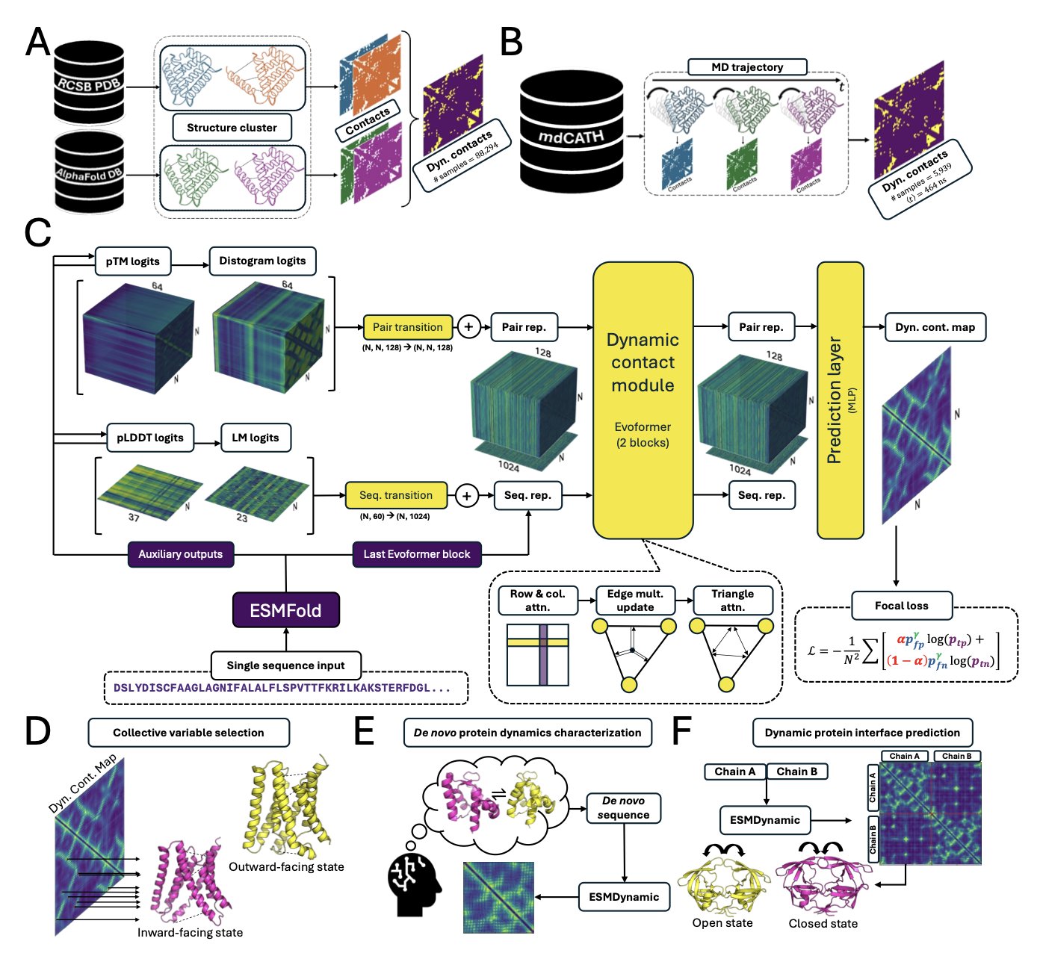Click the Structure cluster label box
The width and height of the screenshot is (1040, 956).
pos(232,128)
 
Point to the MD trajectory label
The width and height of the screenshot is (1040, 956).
pos(747,67)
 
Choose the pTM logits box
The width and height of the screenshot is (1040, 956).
pos(133,261)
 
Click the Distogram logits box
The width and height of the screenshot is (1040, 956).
pos(262,261)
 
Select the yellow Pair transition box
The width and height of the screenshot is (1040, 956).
pos(408,326)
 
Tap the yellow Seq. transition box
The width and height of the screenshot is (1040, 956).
pos(396,495)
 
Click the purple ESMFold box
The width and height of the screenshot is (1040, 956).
pos(286,610)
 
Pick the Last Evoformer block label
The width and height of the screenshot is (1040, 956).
pos(417,554)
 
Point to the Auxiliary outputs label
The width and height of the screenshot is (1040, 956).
pos(181,554)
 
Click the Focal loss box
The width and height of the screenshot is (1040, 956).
pos(902,606)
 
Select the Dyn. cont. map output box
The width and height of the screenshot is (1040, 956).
pos(935,326)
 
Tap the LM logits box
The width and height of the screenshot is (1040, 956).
pos(256,438)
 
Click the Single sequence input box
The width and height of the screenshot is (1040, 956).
pos(286,665)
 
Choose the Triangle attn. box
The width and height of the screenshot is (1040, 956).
pos(733,600)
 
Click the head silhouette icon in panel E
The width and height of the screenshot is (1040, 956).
pos(415,885)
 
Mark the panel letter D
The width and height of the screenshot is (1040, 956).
pos(37,732)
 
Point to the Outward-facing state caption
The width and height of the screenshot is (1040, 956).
pos(286,867)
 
